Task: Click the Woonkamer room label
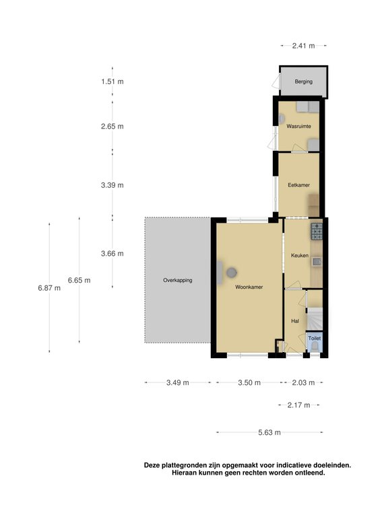(x=249, y=287)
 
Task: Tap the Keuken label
(x=299, y=256)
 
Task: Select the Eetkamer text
(x=298, y=184)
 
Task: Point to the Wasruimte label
(x=297, y=126)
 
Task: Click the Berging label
(x=304, y=81)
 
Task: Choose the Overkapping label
(x=178, y=280)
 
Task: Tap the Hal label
(x=294, y=322)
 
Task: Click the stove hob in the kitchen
(x=316, y=232)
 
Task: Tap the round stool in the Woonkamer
(x=232, y=273)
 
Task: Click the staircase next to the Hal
(x=315, y=319)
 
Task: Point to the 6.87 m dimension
(x=49, y=288)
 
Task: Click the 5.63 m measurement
(x=269, y=433)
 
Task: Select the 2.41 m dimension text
(x=303, y=46)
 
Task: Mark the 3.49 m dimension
(x=178, y=382)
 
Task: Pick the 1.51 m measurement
(x=112, y=81)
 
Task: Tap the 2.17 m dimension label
(x=298, y=405)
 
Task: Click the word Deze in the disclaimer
(x=152, y=464)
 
